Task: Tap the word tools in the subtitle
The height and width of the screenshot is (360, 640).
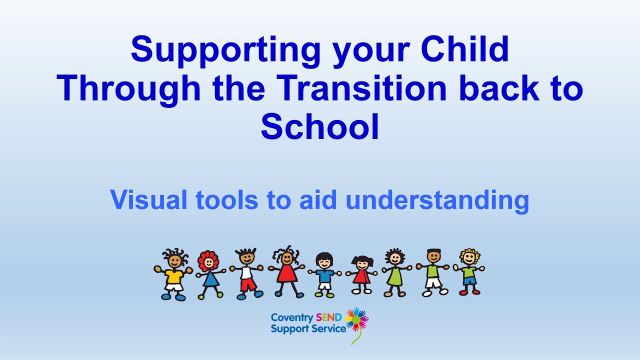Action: tap(228, 200)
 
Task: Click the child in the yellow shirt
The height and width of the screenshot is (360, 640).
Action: tap(173, 275)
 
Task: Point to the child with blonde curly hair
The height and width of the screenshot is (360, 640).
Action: tap(469, 271)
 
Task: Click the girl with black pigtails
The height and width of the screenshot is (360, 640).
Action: tap(361, 274)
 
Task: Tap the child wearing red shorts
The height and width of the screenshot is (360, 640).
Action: tap(246, 274)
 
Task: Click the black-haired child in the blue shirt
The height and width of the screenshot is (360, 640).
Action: tap(324, 273)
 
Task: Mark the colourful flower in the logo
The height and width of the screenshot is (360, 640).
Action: tap(356, 319)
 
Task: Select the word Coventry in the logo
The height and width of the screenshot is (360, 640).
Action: tap(292, 317)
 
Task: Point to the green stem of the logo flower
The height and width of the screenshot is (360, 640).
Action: tap(356, 337)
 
